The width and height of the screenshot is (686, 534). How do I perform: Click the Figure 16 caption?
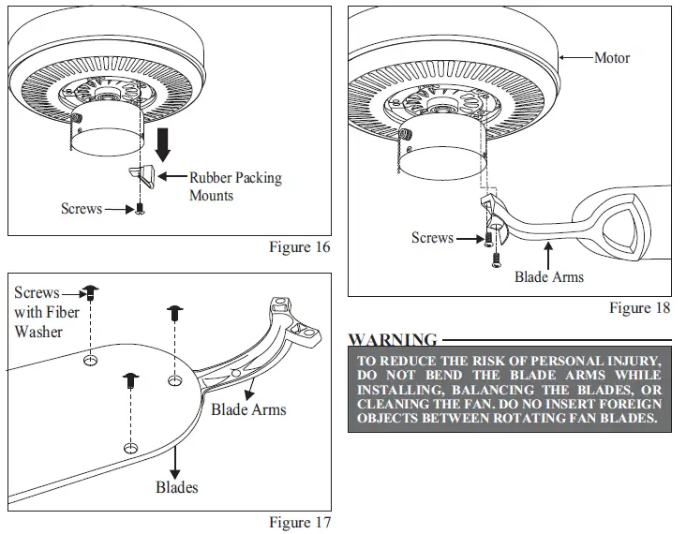(x=300, y=247)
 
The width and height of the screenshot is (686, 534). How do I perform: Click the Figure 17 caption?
(x=300, y=522)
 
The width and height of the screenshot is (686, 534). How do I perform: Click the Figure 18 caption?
(x=640, y=307)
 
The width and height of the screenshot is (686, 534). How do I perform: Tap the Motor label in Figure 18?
(x=612, y=58)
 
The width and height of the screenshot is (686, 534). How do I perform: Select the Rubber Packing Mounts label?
(x=234, y=186)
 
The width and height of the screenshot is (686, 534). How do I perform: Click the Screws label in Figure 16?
(x=82, y=209)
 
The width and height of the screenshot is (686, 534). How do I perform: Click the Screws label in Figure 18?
(x=432, y=238)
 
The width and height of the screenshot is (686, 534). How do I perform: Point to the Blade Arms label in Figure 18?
(x=548, y=276)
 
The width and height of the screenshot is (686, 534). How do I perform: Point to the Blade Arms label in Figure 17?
(x=248, y=409)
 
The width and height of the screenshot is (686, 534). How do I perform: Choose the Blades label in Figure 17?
(x=176, y=487)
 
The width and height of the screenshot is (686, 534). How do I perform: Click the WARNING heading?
(x=392, y=339)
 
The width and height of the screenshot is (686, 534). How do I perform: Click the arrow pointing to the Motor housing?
(x=574, y=58)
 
